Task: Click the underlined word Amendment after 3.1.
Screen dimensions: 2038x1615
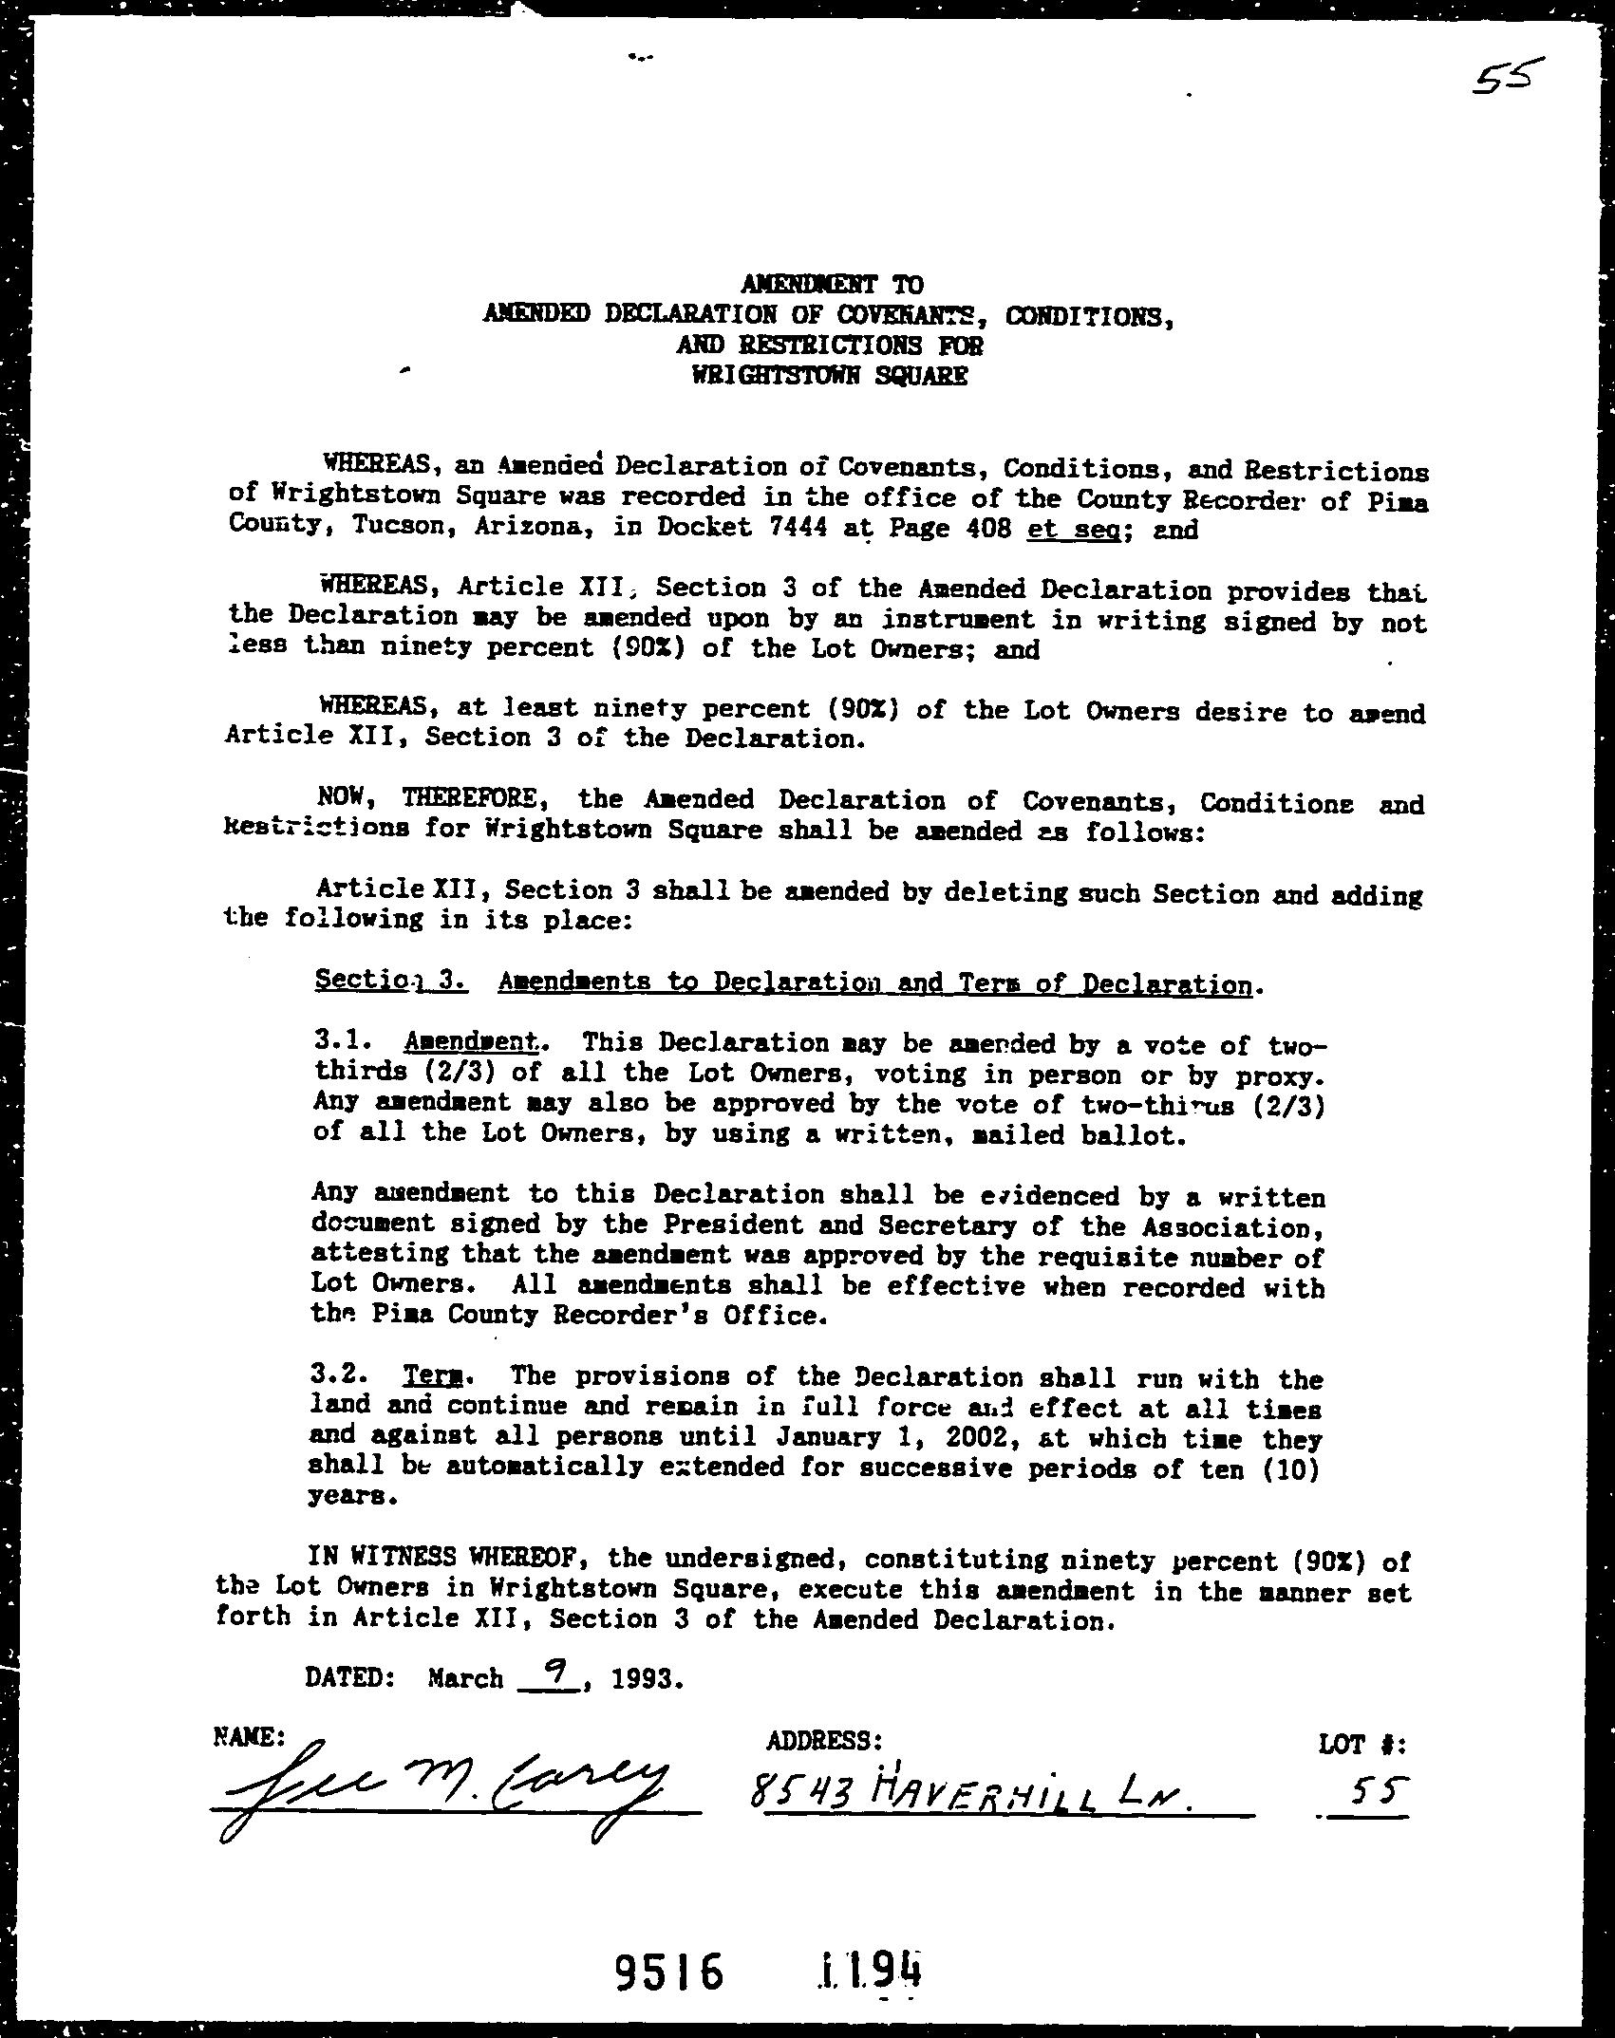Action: point(471,1041)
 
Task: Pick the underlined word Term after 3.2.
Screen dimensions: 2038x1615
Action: point(426,1375)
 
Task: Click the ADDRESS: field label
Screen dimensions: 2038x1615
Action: point(824,1741)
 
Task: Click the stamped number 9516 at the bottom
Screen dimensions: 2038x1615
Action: point(668,1971)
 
